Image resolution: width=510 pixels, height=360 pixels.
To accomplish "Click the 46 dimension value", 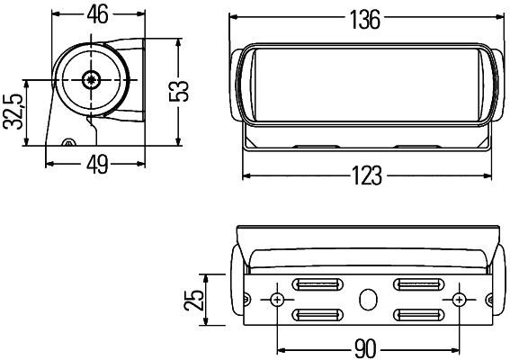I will (98, 15).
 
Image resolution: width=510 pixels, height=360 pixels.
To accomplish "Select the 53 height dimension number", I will (183, 90).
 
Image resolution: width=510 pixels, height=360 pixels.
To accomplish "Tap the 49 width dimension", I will (97, 164).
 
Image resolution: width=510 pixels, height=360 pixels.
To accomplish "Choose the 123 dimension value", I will (368, 175).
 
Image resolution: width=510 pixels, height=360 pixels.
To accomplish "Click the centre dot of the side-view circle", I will (90, 80).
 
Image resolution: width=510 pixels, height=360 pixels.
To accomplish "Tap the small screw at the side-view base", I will (67, 143).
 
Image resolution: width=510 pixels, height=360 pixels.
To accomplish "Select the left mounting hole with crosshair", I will (278, 299).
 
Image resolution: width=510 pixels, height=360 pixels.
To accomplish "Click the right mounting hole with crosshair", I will (460, 299).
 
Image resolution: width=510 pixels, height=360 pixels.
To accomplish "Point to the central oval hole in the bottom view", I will (368, 299).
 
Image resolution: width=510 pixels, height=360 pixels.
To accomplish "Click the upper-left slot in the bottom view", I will (319, 285).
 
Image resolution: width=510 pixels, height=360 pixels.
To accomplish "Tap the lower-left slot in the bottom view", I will (319, 314).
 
